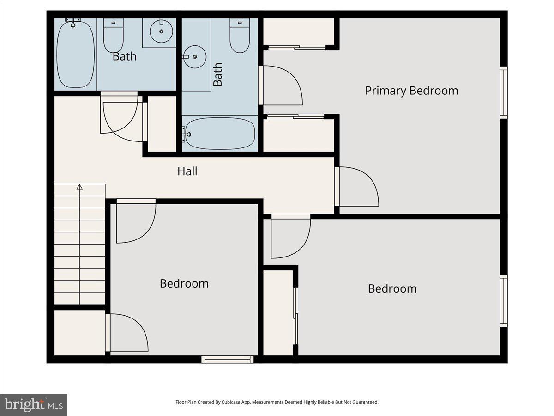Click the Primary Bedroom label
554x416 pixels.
(411, 91)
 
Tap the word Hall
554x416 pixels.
(187, 171)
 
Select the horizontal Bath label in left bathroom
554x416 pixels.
(125, 56)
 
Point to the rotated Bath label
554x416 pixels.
(218, 74)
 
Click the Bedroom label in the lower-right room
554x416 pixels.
(392, 288)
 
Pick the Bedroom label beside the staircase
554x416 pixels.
(184, 283)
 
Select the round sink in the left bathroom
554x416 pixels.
(162, 31)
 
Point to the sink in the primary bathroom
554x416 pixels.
(195, 57)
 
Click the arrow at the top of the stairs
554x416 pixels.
(79, 187)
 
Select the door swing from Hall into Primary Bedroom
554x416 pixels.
(358, 186)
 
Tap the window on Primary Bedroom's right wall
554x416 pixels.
(504, 92)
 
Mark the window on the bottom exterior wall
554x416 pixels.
(228, 359)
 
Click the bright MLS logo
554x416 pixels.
(34, 404)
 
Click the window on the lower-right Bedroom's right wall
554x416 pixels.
(504, 301)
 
